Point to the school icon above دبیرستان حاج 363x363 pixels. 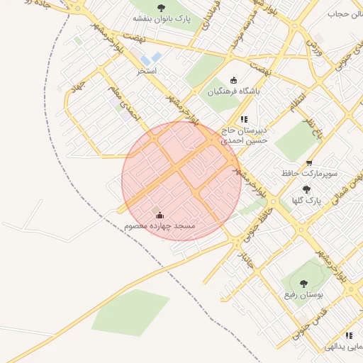pyautogui.click(x=244, y=119)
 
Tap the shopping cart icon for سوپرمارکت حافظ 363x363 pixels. pyautogui.click(x=308, y=162)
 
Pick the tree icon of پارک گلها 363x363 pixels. pyautogui.click(x=306, y=189)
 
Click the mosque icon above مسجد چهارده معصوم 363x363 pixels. pyautogui.click(x=160, y=215)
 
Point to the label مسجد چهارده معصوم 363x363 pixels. pyautogui.click(x=160, y=225)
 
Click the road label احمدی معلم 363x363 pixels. pyautogui.click(x=125, y=101)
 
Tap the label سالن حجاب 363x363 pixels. pyautogui.click(x=345, y=13)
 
